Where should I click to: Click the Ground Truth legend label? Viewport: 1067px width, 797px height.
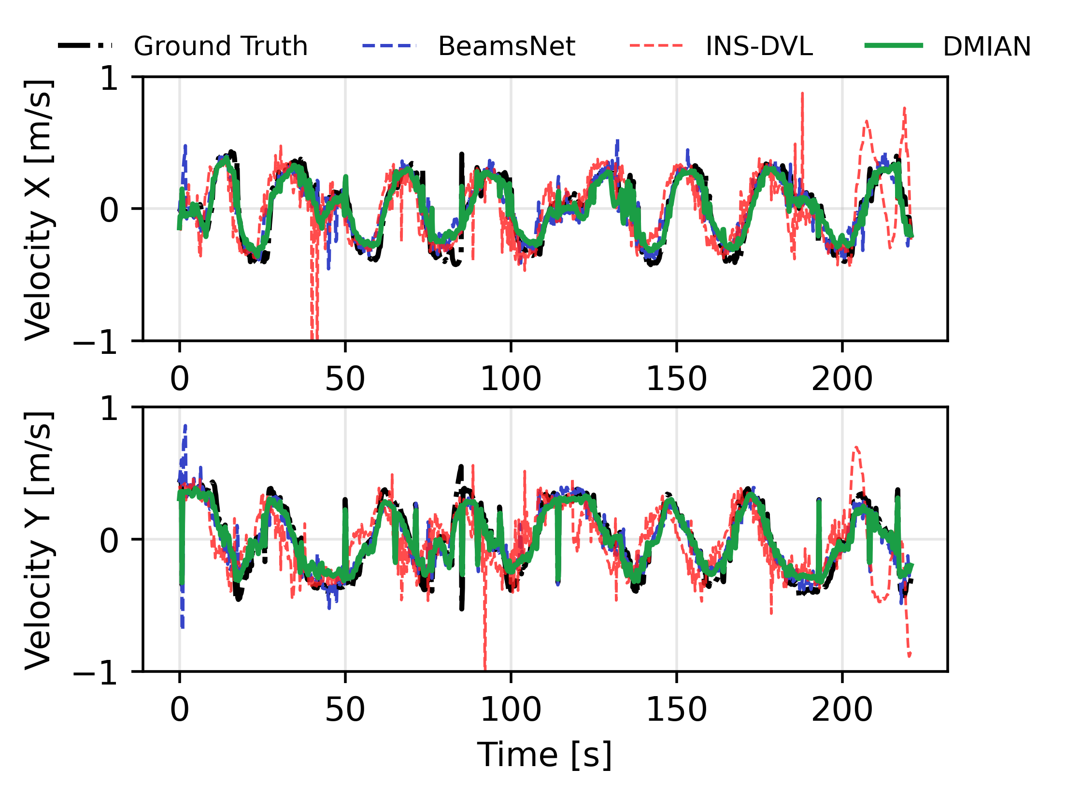point(220,46)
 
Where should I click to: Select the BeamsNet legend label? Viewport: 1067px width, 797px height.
point(506,46)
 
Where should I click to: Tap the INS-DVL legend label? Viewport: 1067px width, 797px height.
point(759,46)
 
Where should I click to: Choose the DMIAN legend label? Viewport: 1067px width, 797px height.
point(986,46)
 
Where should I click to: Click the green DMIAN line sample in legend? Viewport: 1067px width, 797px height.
point(894,46)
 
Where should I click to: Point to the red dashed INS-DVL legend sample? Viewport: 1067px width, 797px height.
point(656,46)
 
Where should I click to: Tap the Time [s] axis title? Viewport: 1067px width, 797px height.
point(544,755)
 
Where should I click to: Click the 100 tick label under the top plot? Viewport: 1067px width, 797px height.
point(511,379)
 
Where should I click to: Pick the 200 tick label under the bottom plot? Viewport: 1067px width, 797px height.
point(842,710)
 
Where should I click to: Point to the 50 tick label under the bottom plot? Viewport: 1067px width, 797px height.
point(345,710)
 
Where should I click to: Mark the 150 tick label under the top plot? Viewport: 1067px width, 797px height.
point(676,379)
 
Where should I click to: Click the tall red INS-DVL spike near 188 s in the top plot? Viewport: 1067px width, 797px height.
point(802,97)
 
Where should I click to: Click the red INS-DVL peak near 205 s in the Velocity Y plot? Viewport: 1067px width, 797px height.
point(856,449)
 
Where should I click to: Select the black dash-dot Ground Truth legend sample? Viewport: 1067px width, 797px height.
point(85,46)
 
